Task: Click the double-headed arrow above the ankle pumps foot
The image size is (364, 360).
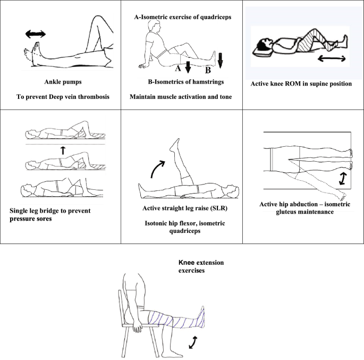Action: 36,35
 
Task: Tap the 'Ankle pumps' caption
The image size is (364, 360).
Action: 61,82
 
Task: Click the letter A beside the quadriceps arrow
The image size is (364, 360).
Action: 177,68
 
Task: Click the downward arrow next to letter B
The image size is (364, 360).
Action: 220,58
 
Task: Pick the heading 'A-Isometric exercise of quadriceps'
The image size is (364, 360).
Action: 183,17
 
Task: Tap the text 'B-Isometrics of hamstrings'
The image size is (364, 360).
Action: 183,82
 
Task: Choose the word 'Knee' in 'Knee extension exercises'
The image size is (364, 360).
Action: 188,263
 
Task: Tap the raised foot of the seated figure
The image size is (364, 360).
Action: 201,319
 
